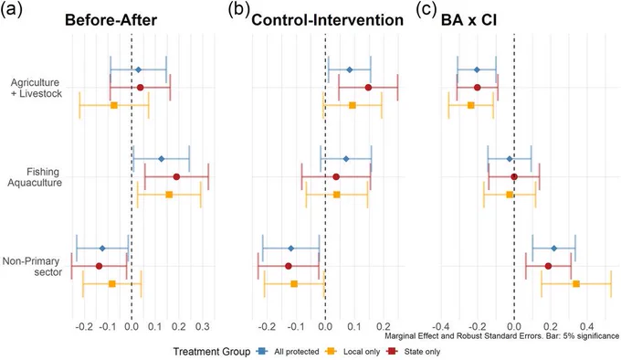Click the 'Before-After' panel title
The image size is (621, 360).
click(x=111, y=20)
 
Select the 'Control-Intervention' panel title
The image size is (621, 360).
click(x=328, y=20)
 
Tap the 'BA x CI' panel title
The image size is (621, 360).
click(x=468, y=20)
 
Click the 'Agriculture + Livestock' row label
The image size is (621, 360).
click(x=36, y=88)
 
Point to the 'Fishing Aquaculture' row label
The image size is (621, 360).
click(x=35, y=177)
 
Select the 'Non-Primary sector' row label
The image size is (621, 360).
click(x=32, y=267)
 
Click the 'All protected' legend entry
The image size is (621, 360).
click(x=288, y=351)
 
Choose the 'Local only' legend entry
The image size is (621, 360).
click(x=353, y=351)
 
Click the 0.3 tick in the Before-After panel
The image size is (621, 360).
click(x=203, y=327)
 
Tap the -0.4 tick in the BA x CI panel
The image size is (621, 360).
click(x=441, y=327)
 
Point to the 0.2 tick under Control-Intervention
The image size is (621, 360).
click(x=384, y=327)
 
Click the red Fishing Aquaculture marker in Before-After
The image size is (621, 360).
click(x=176, y=176)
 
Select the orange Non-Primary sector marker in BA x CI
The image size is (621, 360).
click(x=576, y=284)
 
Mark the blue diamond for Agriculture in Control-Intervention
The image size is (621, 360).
click(x=349, y=69)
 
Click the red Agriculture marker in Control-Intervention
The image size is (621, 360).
click(x=368, y=87)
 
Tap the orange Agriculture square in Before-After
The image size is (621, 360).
click(x=114, y=105)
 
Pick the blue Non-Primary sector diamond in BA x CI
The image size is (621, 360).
click(x=554, y=249)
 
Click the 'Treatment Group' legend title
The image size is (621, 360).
click(x=212, y=351)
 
